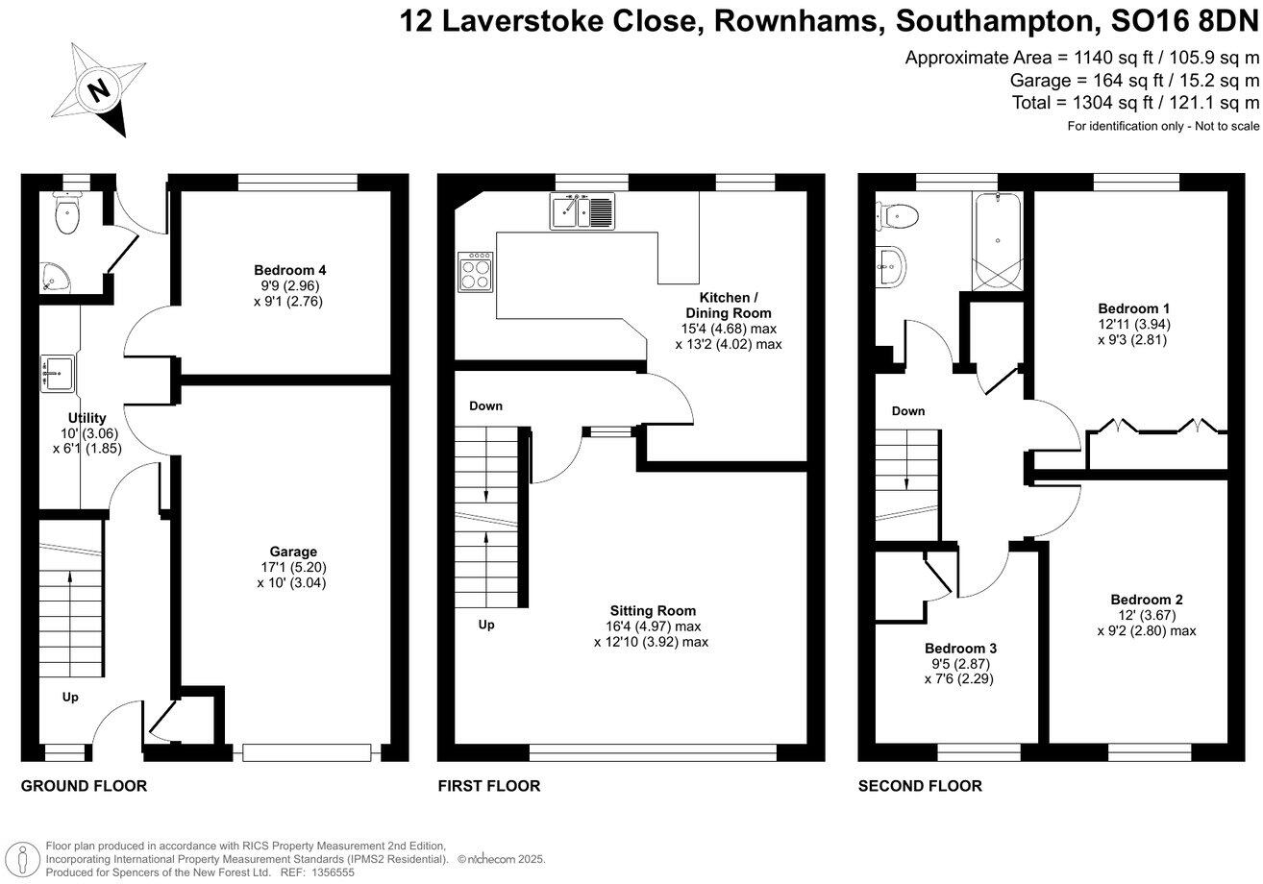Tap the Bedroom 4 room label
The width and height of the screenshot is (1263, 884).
pos(284,270)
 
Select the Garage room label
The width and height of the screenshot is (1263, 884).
pos(293,552)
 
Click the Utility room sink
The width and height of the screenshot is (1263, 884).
pos(59,373)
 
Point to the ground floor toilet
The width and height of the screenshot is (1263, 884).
pos(66,216)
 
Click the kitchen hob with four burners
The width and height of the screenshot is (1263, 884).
pos(477,273)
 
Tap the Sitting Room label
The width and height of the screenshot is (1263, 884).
pos(653,610)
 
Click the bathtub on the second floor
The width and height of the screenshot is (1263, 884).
pos(997,240)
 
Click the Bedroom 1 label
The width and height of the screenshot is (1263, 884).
pos(1133,308)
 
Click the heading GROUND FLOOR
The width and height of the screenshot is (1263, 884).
pos(84,786)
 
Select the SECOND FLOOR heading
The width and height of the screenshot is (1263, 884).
pos(920,786)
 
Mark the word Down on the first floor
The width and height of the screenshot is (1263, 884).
pos(485,405)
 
